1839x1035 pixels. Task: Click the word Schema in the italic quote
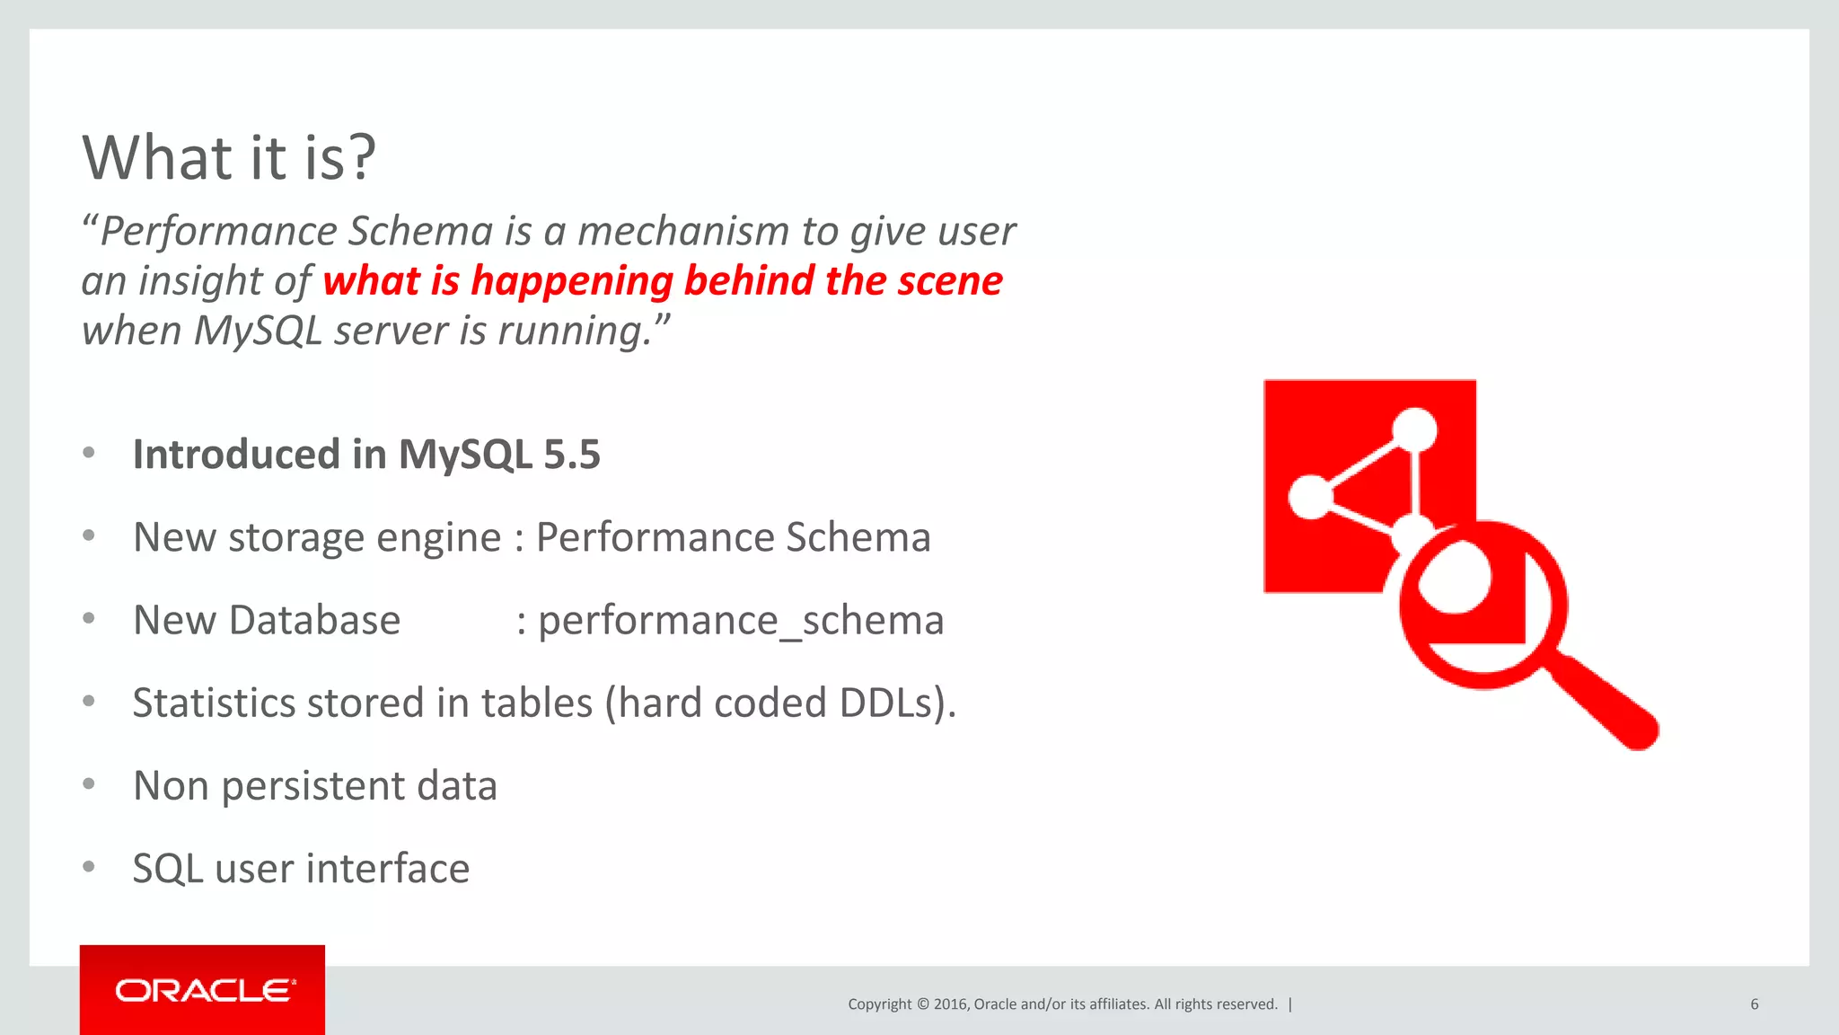(419, 232)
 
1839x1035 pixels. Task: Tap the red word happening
(571, 281)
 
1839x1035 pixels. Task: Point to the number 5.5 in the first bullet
(572, 455)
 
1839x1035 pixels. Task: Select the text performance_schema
(741, 621)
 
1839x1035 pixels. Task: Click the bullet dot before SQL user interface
(89, 867)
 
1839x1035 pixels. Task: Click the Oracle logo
(203, 991)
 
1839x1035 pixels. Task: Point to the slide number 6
(1754, 1004)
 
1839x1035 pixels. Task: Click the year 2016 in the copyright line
(950, 1004)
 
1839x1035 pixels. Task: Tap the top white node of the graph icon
(1416, 429)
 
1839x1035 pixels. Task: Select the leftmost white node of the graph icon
(1310, 497)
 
